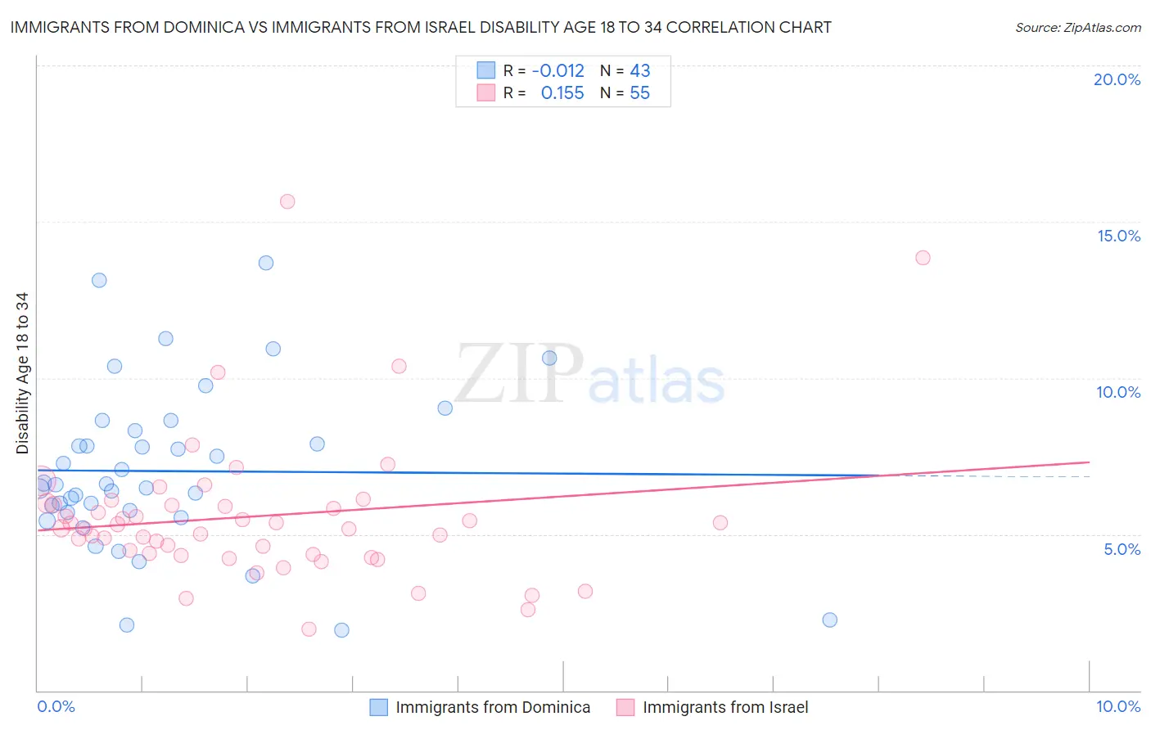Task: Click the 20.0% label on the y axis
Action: click(x=1117, y=79)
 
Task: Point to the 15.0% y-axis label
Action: click(x=1118, y=236)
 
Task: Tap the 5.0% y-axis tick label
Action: click(x=1122, y=549)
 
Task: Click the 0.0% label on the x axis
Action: click(x=56, y=706)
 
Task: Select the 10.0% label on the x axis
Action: click(x=1118, y=706)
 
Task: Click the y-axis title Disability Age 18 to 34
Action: click(x=22, y=373)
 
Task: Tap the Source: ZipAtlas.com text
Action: click(x=1077, y=27)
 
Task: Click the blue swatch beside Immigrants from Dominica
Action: click(x=378, y=707)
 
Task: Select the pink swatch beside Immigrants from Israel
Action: click(x=625, y=707)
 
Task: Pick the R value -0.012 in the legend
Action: click(x=557, y=70)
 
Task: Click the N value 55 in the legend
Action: click(x=639, y=93)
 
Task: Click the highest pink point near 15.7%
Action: click(x=287, y=201)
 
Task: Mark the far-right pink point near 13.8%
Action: click(x=923, y=258)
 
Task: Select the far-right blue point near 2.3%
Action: click(x=829, y=620)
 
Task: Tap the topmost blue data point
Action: click(x=266, y=263)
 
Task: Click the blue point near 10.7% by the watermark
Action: click(x=549, y=358)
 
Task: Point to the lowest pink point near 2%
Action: click(x=309, y=629)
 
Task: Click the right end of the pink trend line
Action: click(x=1089, y=462)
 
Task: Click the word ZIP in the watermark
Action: click(x=519, y=375)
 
